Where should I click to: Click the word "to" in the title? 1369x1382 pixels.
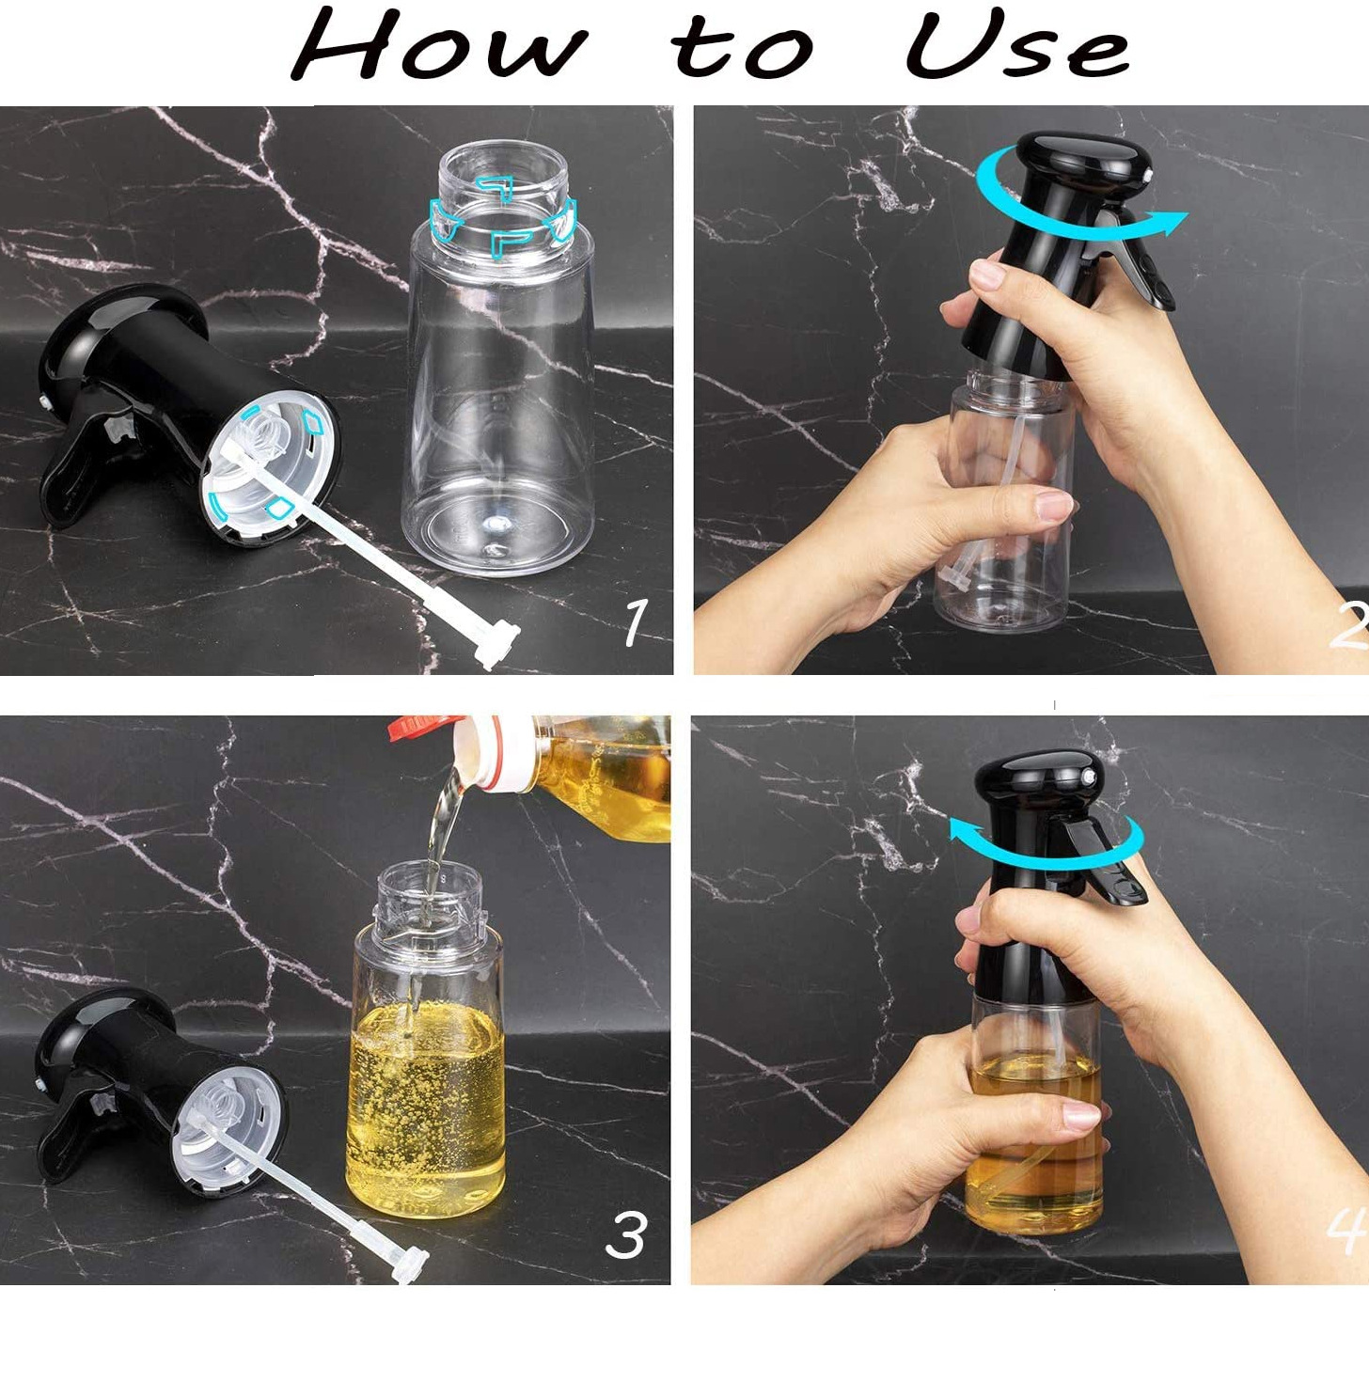point(742,49)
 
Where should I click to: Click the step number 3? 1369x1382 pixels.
point(626,1234)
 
